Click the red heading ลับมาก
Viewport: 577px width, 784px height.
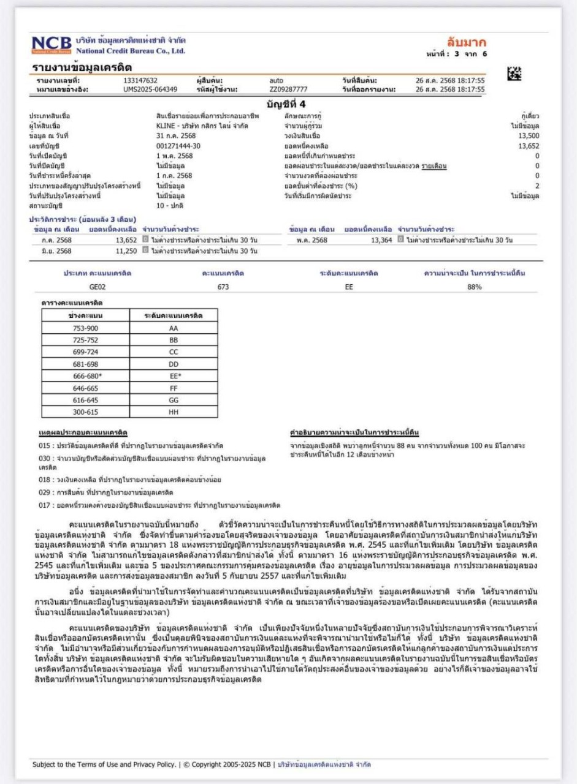[x=467, y=42]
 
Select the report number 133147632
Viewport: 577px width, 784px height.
[x=140, y=80]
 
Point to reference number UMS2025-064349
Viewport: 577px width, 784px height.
[x=150, y=90]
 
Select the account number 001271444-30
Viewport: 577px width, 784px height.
[x=178, y=146]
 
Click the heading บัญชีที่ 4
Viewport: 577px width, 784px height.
[x=289, y=103]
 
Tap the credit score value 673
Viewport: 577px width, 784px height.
[x=223, y=286]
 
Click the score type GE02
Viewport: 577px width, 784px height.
[x=98, y=286]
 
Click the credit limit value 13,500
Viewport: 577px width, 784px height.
[x=529, y=136]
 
